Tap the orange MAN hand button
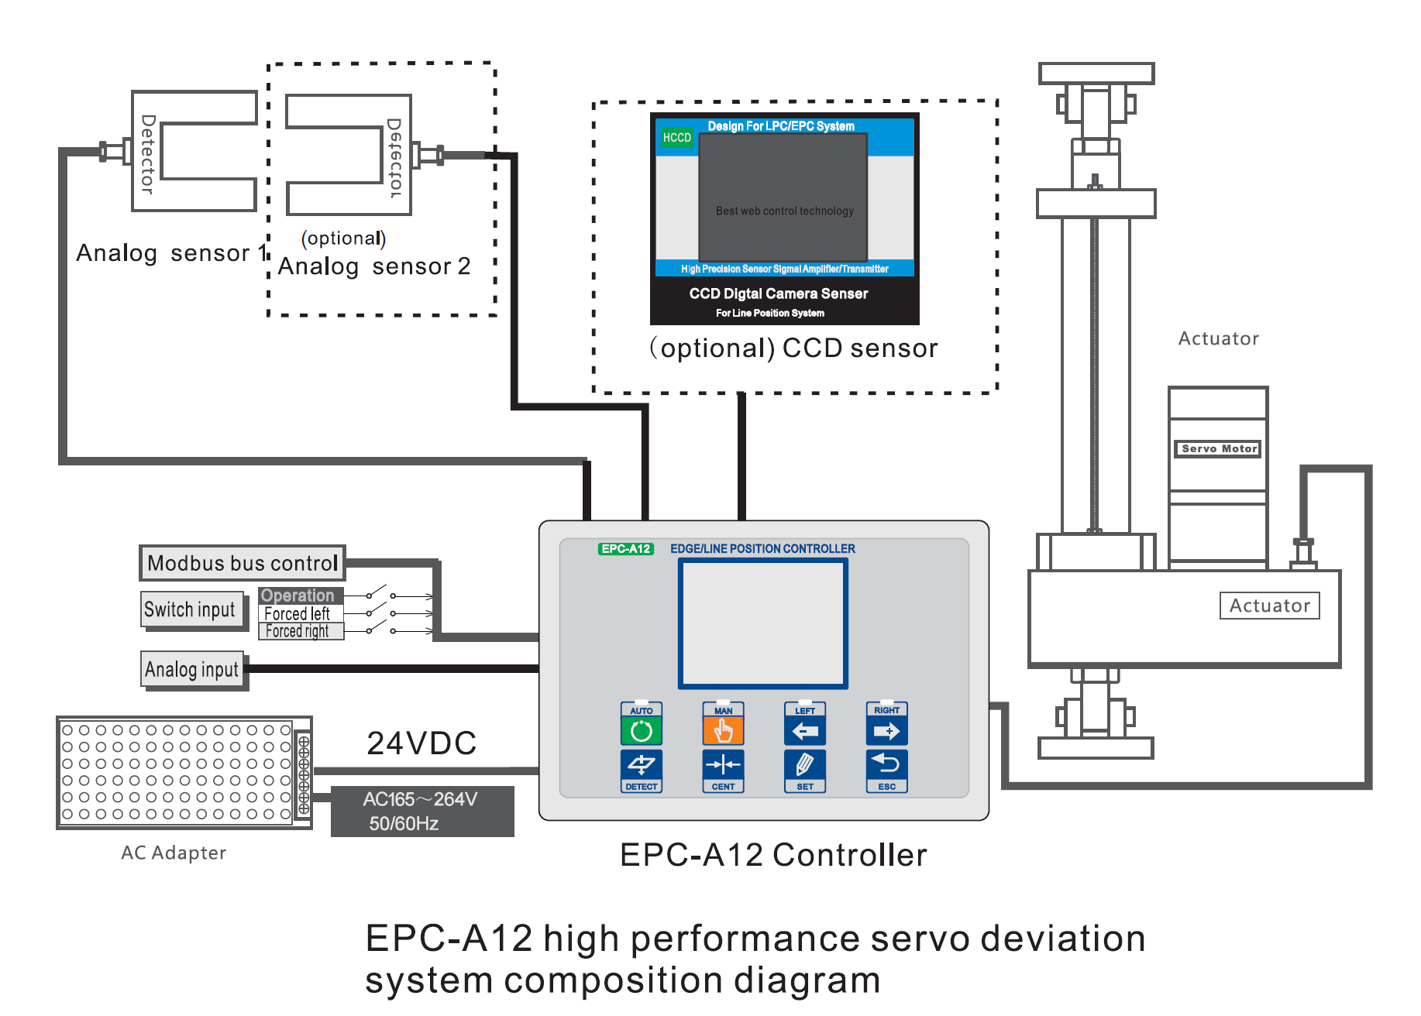click(x=723, y=730)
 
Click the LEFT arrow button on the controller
click(x=805, y=730)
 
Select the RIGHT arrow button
click(x=887, y=730)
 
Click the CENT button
click(x=723, y=767)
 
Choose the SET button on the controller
click(x=805, y=767)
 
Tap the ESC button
click(x=887, y=767)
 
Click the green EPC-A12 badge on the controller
click(x=626, y=549)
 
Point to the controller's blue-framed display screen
click(x=763, y=623)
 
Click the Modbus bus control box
click(x=243, y=563)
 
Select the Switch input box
click(x=190, y=609)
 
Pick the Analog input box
click(x=192, y=669)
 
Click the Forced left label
click(x=298, y=613)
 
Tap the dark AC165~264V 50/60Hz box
click(x=421, y=811)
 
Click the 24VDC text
click(x=421, y=743)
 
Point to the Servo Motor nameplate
click(x=1219, y=448)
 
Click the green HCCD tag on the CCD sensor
click(x=676, y=138)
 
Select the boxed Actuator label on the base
click(x=1269, y=606)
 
